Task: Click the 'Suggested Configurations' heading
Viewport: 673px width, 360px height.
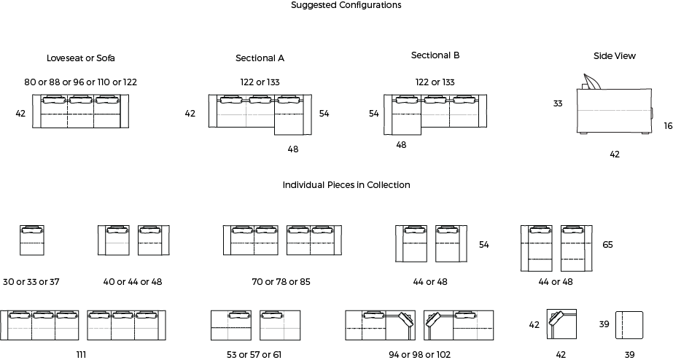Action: [x=346, y=5]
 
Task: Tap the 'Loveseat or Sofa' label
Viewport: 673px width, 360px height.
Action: [x=81, y=58]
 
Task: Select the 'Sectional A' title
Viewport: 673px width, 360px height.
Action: [x=260, y=58]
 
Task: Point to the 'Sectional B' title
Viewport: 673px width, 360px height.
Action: [x=435, y=55]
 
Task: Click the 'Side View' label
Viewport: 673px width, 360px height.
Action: [x=615, y=56]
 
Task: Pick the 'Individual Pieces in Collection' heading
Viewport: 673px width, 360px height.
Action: [x=346, y=185]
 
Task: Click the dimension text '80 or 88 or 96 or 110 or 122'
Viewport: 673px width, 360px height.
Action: [x=81, y=82]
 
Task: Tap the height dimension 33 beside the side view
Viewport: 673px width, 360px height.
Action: [x=558, y=103]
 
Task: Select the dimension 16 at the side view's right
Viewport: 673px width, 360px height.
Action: [x=668, y=126]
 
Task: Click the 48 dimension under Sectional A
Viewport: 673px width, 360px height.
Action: [x=292, y=149]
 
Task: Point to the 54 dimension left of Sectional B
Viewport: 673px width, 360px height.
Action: [x=374, y=114]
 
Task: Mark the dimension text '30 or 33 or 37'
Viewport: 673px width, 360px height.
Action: [x=31, y=282]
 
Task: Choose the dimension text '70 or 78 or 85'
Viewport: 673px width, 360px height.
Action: [x=281, y=282]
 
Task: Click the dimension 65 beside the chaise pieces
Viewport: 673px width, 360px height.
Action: [x=608, y=245]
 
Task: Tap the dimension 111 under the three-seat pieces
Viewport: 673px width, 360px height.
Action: [x=81, y=354]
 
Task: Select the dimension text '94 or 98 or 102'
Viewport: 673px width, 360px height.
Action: [x=420, y=354]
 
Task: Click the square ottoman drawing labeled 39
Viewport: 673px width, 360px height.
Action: [x=629, y=325]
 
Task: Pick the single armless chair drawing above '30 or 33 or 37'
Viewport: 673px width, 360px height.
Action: [x=32, y=240]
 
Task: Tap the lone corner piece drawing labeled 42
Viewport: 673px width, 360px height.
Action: [x=561, y=324]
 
